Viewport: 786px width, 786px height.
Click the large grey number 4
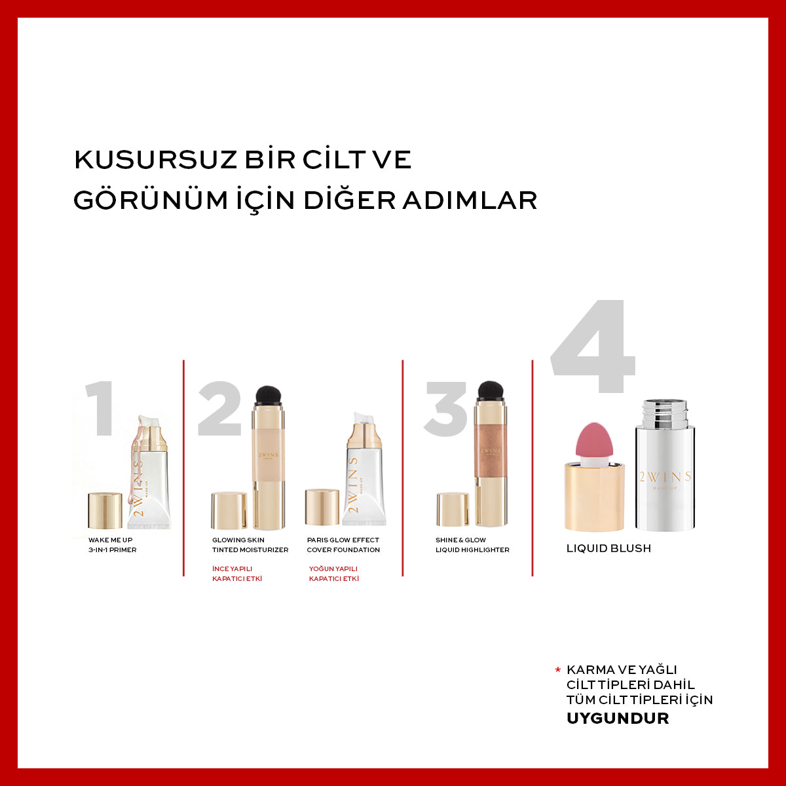593,346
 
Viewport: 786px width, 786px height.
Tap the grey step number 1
100,408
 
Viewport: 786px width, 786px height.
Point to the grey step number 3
446,409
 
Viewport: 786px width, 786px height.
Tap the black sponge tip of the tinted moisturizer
268,394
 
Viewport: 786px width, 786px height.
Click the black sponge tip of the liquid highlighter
491,390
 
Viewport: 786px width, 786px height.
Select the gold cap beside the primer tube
105,510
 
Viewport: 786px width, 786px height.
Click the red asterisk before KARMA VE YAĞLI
557,670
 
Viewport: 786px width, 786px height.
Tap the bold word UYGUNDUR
618,719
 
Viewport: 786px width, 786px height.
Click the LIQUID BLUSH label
608,548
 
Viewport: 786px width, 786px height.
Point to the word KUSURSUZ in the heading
155,159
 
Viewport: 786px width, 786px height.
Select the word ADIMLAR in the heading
470,200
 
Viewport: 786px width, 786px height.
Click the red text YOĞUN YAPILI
333,569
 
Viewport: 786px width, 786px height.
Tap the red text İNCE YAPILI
232,569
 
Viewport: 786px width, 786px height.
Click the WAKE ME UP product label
110,540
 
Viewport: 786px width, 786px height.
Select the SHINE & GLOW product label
460,540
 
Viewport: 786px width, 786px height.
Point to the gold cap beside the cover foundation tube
322,507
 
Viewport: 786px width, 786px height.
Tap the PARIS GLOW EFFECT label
343,540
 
